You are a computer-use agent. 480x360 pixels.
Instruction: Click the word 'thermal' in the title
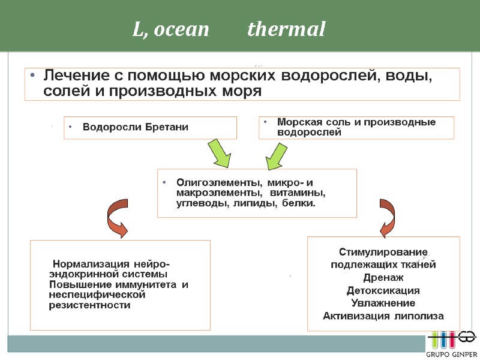click(286, 29)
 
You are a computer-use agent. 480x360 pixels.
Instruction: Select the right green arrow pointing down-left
click(277, 154)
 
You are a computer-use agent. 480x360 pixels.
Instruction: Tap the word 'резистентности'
click(89, 305)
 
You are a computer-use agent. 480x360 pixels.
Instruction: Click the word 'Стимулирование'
click(383, 251)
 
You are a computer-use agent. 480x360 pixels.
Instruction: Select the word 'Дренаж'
click(383, 277)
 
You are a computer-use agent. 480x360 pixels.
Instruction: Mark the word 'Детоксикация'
click(383, 290)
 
